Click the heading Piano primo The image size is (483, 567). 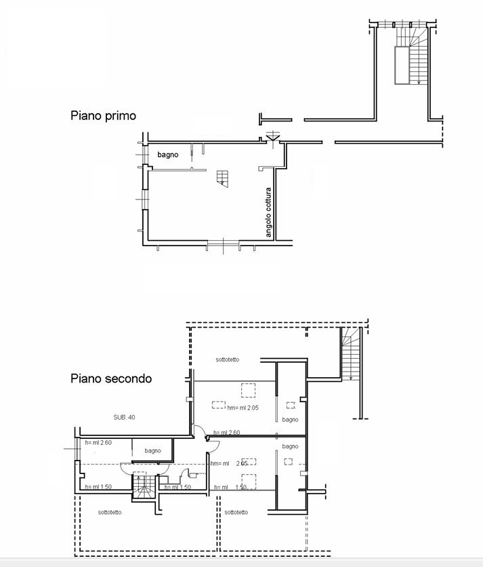(x=104, y=116)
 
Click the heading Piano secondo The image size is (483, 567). (x=111, y=378)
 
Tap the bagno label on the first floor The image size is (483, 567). (x=167, y=155)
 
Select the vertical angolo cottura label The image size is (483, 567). (x=268, y=212)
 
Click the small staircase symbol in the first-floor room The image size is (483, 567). (x=223, y=178)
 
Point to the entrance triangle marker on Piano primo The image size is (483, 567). (x=272, y=137)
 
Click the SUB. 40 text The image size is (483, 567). (x=124, y=417)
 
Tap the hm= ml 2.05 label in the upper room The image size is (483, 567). (x=243, y=408)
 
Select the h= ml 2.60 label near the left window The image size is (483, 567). (x=98, y=443)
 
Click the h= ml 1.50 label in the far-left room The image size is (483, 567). (x=98, y=487)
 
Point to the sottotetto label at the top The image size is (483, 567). (x=227, y=359)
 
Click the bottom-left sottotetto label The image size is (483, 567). (x=110, y=512)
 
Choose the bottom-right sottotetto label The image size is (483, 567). (x=236, y=512)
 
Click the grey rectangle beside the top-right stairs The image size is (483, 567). (x=402, y=66)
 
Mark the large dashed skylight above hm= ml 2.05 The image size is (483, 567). (x=248, y=390)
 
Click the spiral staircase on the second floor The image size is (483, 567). (x=144, y=486)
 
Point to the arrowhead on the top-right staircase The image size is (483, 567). (x=419, y=83)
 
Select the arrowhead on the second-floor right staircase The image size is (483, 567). (x=350, y=378)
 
